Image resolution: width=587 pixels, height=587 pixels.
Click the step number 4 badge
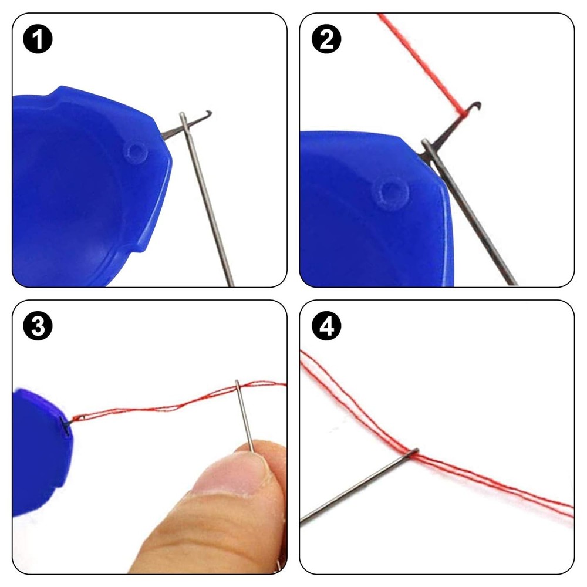pos(326,327)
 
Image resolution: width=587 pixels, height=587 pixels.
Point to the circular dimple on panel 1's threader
pos(135,153)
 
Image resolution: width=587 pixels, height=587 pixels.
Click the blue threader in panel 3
pos(35,452)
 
